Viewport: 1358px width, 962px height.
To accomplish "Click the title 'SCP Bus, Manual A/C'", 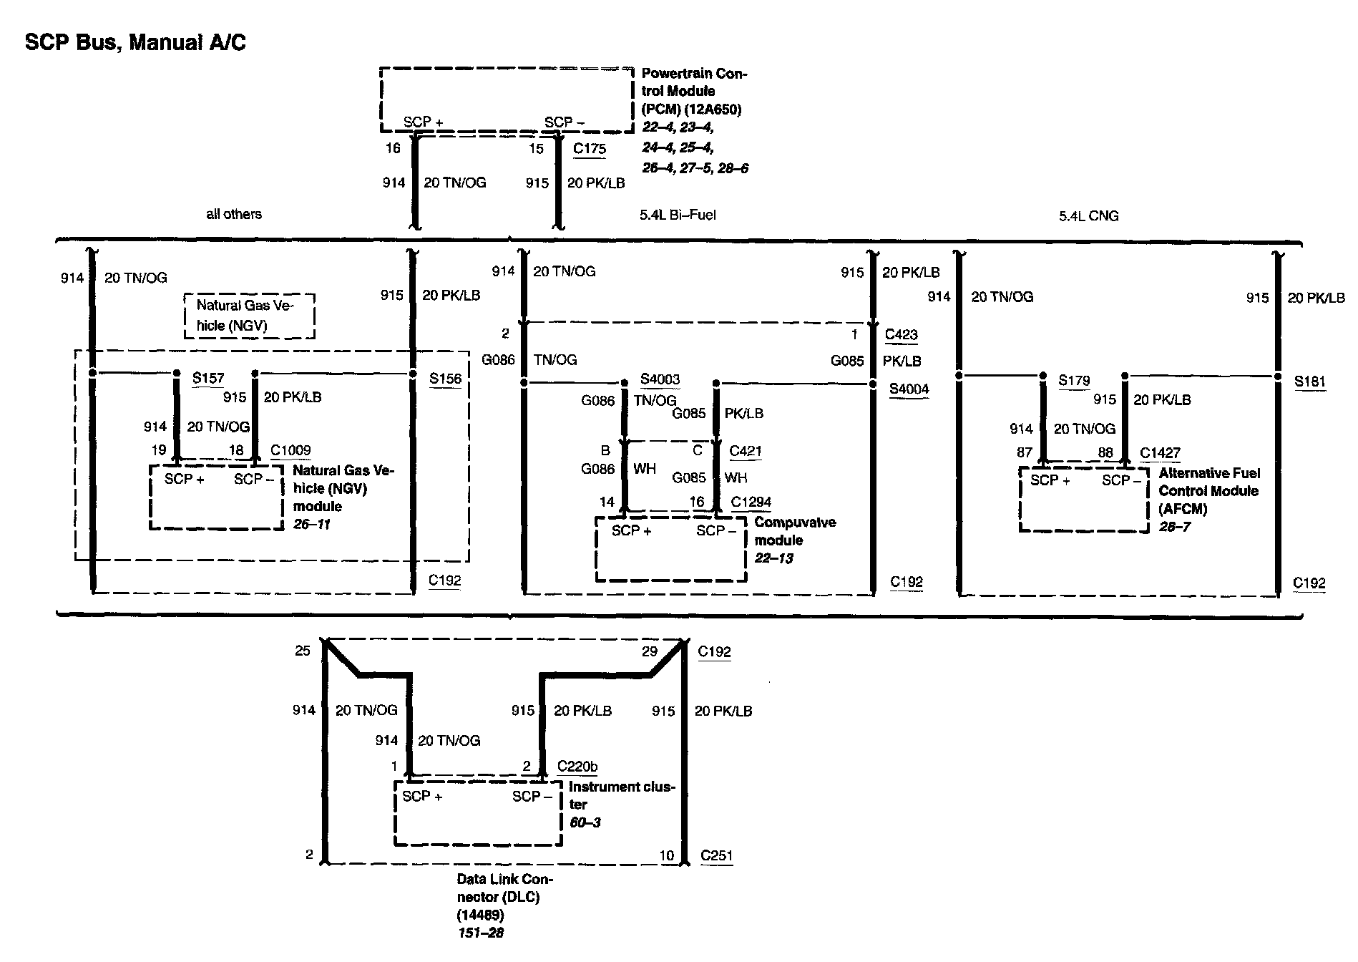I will pos(135,43).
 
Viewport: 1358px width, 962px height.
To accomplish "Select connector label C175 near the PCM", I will pos(589,149).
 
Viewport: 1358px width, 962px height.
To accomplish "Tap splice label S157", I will pos(207,378).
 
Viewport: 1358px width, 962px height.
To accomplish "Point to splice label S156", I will pos(445,379).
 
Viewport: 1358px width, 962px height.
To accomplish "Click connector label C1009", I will pos(290,450).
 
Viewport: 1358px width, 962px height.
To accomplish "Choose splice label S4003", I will pos(660,379).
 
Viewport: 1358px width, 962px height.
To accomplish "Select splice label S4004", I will pos(909,389).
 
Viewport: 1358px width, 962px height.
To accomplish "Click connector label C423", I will pos(901,334).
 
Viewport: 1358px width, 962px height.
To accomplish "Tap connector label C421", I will pos(745,451).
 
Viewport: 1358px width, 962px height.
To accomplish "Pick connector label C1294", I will pos(751,502).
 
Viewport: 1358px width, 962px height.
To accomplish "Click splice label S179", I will pos(1073,380).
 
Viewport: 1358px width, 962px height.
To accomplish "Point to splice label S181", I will pos(1309,382).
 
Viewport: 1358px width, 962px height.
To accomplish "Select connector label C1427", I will pos(1160,452).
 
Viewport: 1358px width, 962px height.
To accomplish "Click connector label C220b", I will pos(577,767).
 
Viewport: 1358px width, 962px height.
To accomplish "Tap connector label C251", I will pos(716,855).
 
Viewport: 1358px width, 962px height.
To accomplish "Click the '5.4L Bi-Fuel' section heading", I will pos(677,215).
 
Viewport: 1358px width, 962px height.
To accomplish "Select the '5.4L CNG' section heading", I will pos(1088,215).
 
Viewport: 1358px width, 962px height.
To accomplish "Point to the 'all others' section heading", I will pos(234,214).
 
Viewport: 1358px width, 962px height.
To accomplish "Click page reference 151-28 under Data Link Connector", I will pos(481,933).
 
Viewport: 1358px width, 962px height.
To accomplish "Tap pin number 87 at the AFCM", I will pos(1025,452).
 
